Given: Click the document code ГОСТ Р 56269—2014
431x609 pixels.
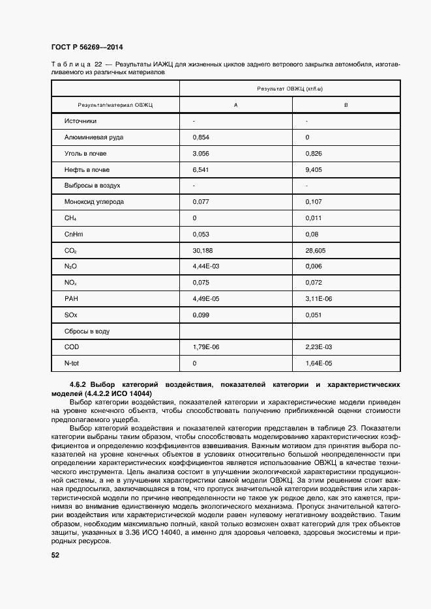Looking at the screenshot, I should (x=87, y=48).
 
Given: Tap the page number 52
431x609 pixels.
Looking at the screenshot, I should (x=55, y=555).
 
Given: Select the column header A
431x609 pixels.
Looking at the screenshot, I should (x=235, y=105).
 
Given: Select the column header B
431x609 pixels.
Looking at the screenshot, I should (x=346, y=105).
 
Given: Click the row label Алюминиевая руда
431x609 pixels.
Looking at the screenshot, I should (x=94, y=137).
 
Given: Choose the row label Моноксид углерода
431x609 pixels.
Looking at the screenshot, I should (x=94, y=202).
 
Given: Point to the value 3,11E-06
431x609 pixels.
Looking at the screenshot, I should (x=319, y=299).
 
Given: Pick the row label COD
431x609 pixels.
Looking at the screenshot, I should (x=71, y=347).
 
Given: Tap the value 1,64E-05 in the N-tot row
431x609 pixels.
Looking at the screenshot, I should (x=319, y=363).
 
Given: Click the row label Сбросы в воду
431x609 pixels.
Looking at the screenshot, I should (x=87, y=331).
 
